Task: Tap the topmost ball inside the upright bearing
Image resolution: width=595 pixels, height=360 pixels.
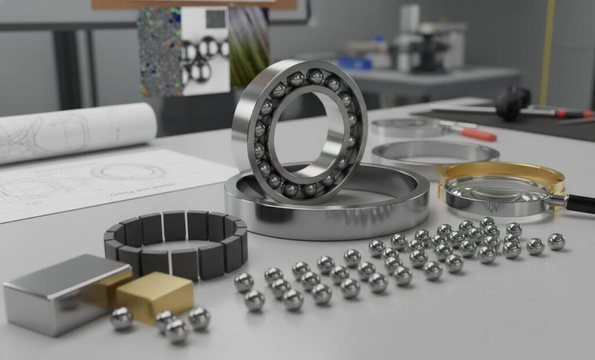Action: point(315,76)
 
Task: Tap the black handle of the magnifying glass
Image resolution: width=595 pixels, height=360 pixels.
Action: point(581,203)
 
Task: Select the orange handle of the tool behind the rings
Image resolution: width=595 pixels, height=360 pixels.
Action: point(479,134)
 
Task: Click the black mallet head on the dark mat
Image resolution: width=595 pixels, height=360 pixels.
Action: point(511,103)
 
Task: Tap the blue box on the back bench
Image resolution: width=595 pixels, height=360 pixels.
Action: point(354,63)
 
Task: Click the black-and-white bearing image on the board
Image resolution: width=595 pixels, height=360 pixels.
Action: point(205,52)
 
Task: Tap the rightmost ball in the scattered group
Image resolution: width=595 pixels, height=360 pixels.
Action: point(556,241)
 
